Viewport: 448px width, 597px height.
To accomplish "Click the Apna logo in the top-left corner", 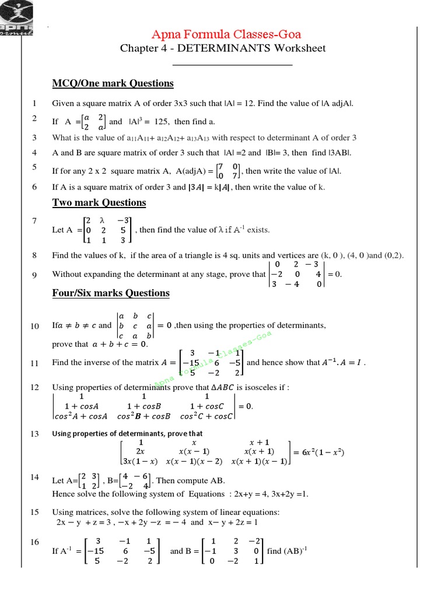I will [x=17, y=17].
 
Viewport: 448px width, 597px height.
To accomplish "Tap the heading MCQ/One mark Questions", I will [x=113, y=83].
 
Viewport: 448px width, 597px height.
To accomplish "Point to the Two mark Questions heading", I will [x=99, y=203].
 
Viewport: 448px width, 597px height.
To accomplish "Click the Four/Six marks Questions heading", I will [x=111, y=293].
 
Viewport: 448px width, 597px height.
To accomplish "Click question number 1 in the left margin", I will [x=34, y=104].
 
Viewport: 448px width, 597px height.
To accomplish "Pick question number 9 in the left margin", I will [x=34, y=275].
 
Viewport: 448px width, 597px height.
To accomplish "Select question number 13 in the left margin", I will [x=34, y=434].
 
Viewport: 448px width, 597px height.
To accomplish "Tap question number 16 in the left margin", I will [x=34, y=542].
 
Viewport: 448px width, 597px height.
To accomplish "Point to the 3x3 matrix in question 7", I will [x=108, y=230].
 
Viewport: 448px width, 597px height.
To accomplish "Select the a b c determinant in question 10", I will [x=136, y=325].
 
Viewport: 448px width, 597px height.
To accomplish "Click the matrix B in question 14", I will [x=135, y=481].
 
